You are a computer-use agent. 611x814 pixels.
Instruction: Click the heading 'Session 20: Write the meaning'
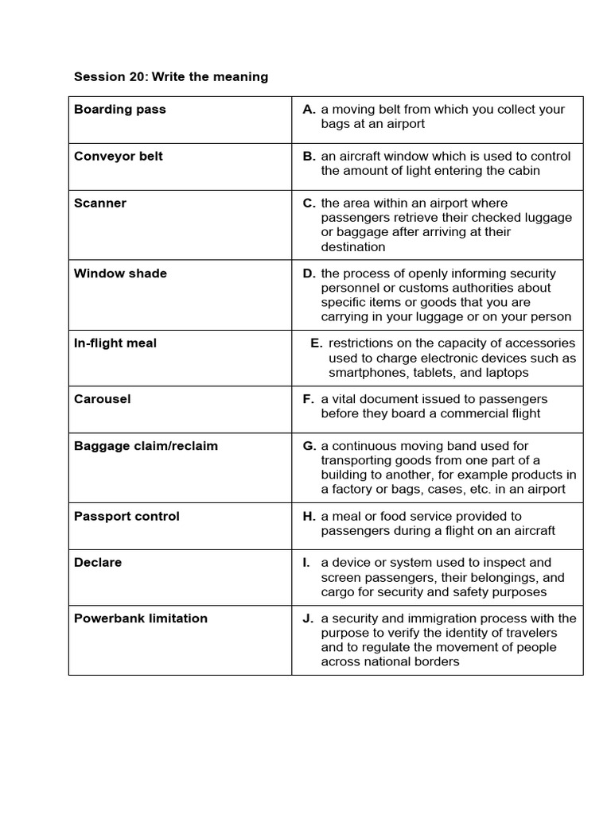point(171,77)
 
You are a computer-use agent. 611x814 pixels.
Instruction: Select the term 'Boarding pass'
point(120,110)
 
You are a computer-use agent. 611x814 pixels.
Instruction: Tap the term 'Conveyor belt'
point(119,157)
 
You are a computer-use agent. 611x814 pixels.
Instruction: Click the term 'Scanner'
point(100,203)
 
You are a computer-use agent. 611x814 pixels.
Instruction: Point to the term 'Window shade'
point(120,273)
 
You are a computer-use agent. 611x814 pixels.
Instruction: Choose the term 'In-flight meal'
point(115,343)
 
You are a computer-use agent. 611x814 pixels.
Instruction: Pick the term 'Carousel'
point(102,399)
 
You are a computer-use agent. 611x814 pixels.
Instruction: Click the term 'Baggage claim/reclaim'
point(146,446)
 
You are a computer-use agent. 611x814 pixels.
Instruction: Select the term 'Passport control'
point(126,517)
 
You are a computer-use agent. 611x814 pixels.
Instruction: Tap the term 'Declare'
point(98,563)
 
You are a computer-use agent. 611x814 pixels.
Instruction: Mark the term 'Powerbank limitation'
point(141,618)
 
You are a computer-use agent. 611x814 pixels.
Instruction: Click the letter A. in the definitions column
point(309,110)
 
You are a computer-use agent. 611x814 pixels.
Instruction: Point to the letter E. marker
point(317,343)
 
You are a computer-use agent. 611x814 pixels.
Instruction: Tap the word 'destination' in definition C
point(354,247)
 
